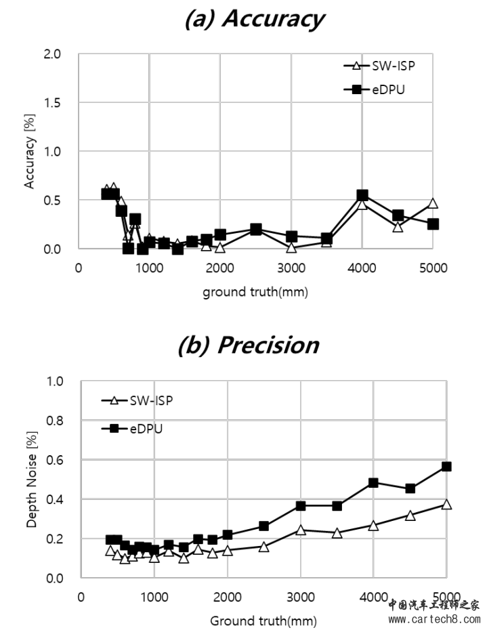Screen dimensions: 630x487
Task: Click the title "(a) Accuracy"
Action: [255, 18]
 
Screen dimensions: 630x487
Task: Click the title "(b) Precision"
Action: [248, 345]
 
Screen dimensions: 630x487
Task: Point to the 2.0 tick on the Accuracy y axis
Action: [51, 54]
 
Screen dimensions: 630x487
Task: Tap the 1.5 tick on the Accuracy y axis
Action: [51, 103]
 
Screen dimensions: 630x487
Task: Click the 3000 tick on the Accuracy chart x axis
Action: [291, 267]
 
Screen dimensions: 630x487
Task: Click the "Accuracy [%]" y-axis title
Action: [29, 152]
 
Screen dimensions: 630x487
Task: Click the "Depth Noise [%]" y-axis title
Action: [30, 480]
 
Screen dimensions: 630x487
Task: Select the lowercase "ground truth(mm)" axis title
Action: [257, 293]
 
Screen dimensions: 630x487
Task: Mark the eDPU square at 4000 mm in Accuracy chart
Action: [362, 195]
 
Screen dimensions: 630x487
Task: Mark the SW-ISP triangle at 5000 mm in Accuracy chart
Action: [433, 203]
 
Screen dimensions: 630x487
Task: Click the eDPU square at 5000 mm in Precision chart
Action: [446, 466]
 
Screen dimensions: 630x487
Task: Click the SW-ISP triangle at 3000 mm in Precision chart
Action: [300, 530]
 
